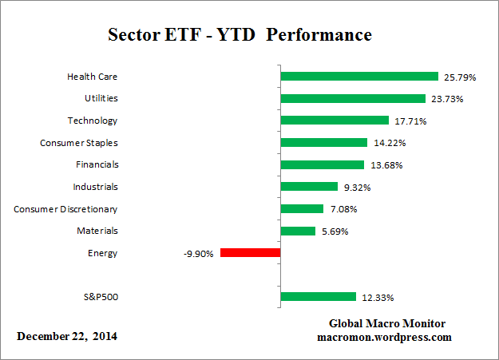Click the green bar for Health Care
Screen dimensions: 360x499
coord(359,77)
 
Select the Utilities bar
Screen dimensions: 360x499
coord(353,99)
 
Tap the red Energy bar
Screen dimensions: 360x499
coord(250,253)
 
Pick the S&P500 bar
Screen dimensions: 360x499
coord(318,297)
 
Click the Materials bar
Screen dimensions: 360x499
coord(298,231)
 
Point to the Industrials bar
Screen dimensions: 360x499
coord(309,187)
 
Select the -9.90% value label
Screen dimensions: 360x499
coord(198,254)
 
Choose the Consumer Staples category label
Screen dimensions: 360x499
coord(78,143)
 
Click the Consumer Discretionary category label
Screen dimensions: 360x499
coord(65,209)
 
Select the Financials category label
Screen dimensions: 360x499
coord(96,165)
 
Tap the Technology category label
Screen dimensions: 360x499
coord(92,121)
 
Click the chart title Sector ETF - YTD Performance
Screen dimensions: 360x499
coord(240,36)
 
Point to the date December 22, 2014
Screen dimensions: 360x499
coord(67,336)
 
